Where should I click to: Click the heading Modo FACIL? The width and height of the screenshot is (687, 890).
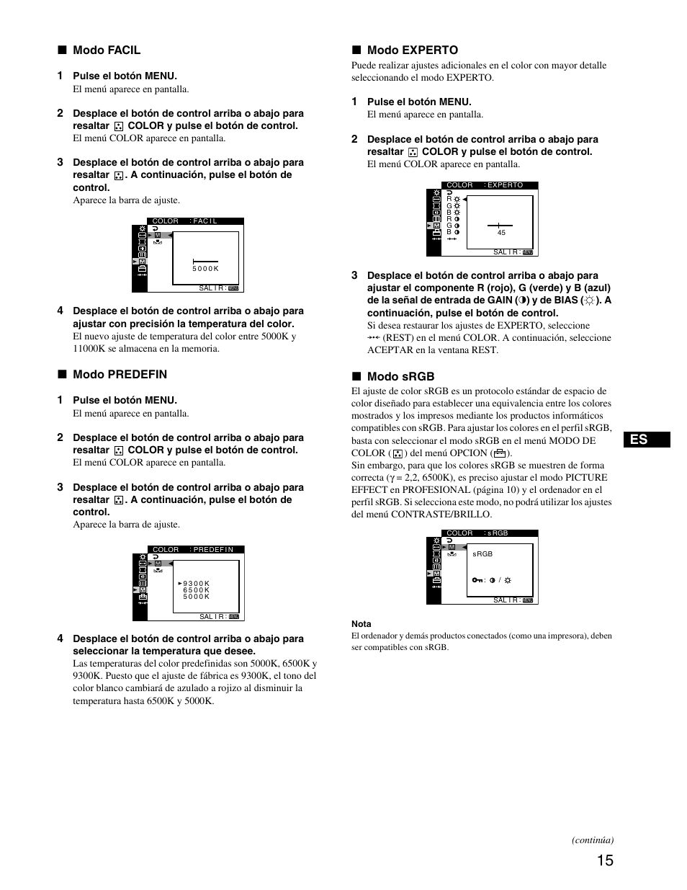[106, 50]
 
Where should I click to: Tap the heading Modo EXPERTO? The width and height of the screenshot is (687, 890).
[412, 50]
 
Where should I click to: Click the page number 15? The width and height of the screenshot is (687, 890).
[605, 860]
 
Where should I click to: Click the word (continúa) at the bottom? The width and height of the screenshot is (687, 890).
[593, 840]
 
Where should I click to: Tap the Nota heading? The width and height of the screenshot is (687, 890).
[362, 624]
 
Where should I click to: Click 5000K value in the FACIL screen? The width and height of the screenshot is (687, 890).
[205, 269]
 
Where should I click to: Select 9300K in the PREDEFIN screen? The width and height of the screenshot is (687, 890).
[196, 584]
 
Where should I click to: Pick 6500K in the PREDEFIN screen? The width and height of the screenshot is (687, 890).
[196, 590]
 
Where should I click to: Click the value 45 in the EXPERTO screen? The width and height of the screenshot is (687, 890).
[501, 233]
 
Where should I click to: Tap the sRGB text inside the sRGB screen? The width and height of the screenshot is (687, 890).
[482, 554]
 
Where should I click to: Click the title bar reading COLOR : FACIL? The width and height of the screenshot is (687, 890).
[195, 221]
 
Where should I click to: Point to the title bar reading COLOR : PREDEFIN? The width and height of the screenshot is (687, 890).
[195, 549]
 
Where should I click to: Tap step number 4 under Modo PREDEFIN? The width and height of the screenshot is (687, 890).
[60, 638]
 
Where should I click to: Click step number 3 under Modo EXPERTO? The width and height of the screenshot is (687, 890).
[354, 275]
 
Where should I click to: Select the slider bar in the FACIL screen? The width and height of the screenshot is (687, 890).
[205, 261]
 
